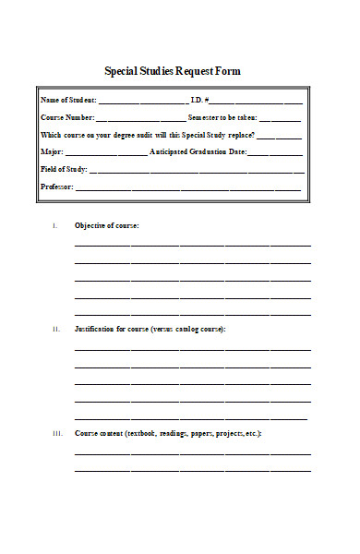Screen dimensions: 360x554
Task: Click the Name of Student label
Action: (67, 100)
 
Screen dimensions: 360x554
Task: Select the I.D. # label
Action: (200, 100)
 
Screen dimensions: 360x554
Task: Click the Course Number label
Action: (67, 117)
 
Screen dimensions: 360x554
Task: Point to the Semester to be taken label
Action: (222, 117)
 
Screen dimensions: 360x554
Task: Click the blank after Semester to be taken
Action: (280, 118)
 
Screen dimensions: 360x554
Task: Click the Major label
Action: (51, 151)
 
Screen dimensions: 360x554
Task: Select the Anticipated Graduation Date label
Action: (198, 151)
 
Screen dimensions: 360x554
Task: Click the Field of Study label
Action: (64, 169)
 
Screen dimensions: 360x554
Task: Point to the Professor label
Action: (56, 187)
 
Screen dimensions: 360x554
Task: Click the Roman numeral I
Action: (55, 225)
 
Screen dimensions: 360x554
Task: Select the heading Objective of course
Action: (107, 225)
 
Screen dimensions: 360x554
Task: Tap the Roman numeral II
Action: (55, 329)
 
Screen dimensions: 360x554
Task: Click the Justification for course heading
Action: (150, 329)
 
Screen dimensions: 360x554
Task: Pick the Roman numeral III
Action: (55, 432)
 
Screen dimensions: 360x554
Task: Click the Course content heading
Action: (168, 432)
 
